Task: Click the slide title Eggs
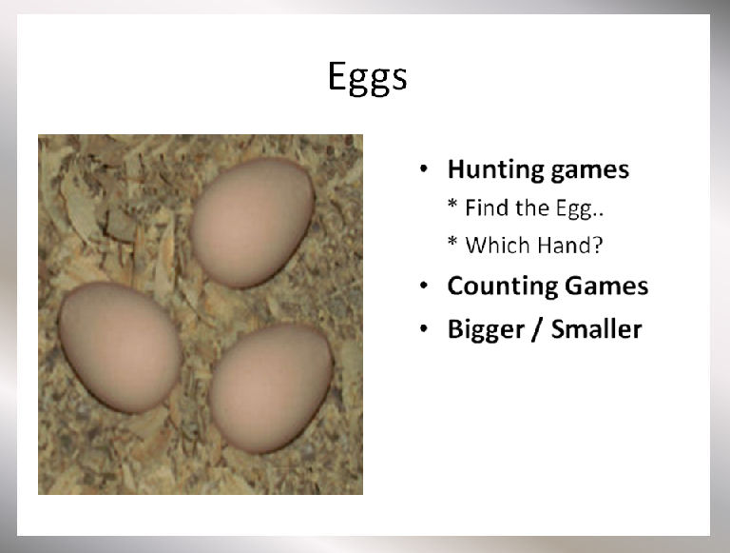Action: coord(367,78)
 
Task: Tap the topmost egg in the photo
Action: coord(252,222)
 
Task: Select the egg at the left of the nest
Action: coord(120,347)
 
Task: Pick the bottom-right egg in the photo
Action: coord(271,388)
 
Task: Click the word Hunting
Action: coord(496,170)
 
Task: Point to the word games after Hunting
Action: coord(590,171)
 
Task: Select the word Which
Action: coord(498,245)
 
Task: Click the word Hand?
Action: coord(569,245)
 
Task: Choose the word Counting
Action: coord(503,286)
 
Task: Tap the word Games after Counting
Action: coord(606,286)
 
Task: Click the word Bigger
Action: coord(486,330)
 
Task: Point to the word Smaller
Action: coord(596,329)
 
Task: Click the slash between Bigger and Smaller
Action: coord(538,329)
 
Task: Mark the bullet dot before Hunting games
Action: coord(423,169)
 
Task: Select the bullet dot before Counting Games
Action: coord(423,286)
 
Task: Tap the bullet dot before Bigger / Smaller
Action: coord(423,328)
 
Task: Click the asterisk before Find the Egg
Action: coord(452,204)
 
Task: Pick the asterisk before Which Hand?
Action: coord(452,241)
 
